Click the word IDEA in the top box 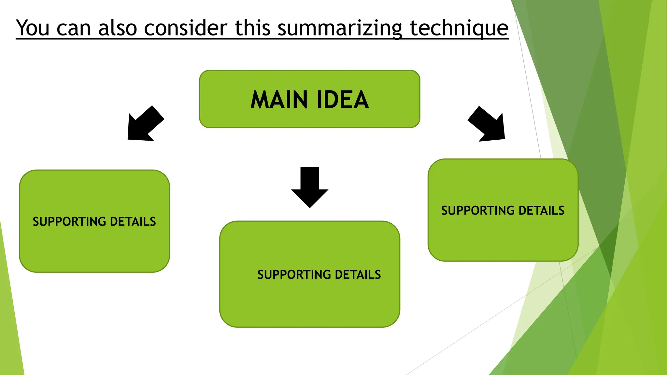[343, 100]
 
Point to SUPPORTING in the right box [478, 211]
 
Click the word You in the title [33, 28]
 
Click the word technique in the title [459, 29]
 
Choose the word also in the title [118, 28]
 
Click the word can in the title [74, 29]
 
